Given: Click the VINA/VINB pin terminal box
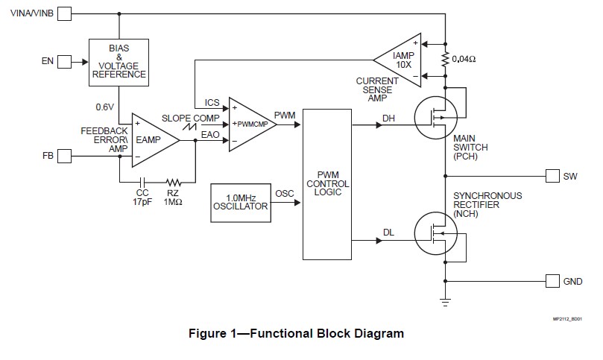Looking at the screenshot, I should point(65,13).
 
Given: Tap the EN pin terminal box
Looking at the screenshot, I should point(65,61).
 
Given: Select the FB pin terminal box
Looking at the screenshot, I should point(65,156).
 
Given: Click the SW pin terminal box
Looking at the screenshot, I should point(552,176).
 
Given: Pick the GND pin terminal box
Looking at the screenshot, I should point(552,281).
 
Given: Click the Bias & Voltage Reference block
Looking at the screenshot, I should point(118,61).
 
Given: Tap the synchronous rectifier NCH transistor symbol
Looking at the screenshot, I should point(438,233).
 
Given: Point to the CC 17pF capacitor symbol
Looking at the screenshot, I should point(142,181).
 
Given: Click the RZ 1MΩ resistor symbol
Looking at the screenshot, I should point(174,181).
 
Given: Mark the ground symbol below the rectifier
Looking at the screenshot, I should point(446,300).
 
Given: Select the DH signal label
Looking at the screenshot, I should point(388,118).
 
